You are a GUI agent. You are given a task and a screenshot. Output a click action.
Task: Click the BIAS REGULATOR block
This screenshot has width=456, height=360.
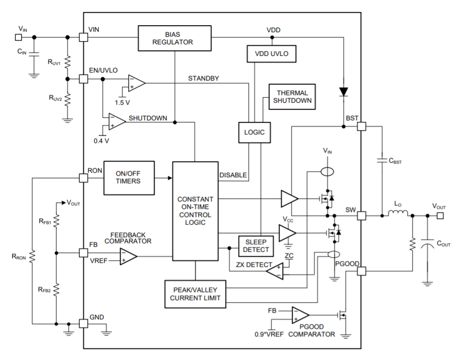point(172,38)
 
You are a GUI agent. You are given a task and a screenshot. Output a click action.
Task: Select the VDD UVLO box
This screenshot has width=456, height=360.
point(271,53)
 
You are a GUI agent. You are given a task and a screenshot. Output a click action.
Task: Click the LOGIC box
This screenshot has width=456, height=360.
point(254,132)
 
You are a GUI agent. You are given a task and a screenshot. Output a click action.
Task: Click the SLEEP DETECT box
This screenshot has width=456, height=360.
point(256,245)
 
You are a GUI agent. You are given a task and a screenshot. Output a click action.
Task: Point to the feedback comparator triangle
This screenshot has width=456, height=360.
point(127,256)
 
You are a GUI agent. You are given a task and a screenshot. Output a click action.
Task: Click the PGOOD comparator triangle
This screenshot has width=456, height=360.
point(300,315)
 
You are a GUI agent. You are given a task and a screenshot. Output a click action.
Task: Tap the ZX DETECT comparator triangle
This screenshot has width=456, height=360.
point(274,272)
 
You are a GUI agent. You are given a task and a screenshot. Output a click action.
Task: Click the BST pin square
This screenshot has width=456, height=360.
point(361,127)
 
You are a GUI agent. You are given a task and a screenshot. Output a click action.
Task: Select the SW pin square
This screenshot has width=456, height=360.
point(361,215)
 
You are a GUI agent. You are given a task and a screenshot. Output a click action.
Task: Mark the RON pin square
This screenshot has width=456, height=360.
point(84,178)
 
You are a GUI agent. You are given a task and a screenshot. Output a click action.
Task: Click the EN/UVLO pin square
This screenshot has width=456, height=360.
point(84,79)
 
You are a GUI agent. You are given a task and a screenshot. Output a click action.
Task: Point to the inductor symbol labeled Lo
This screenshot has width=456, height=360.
point(397,215)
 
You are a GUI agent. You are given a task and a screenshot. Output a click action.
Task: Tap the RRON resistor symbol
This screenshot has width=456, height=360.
point(31,256)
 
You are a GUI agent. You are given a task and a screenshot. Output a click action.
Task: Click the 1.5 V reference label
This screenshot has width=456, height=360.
point(122,102)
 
